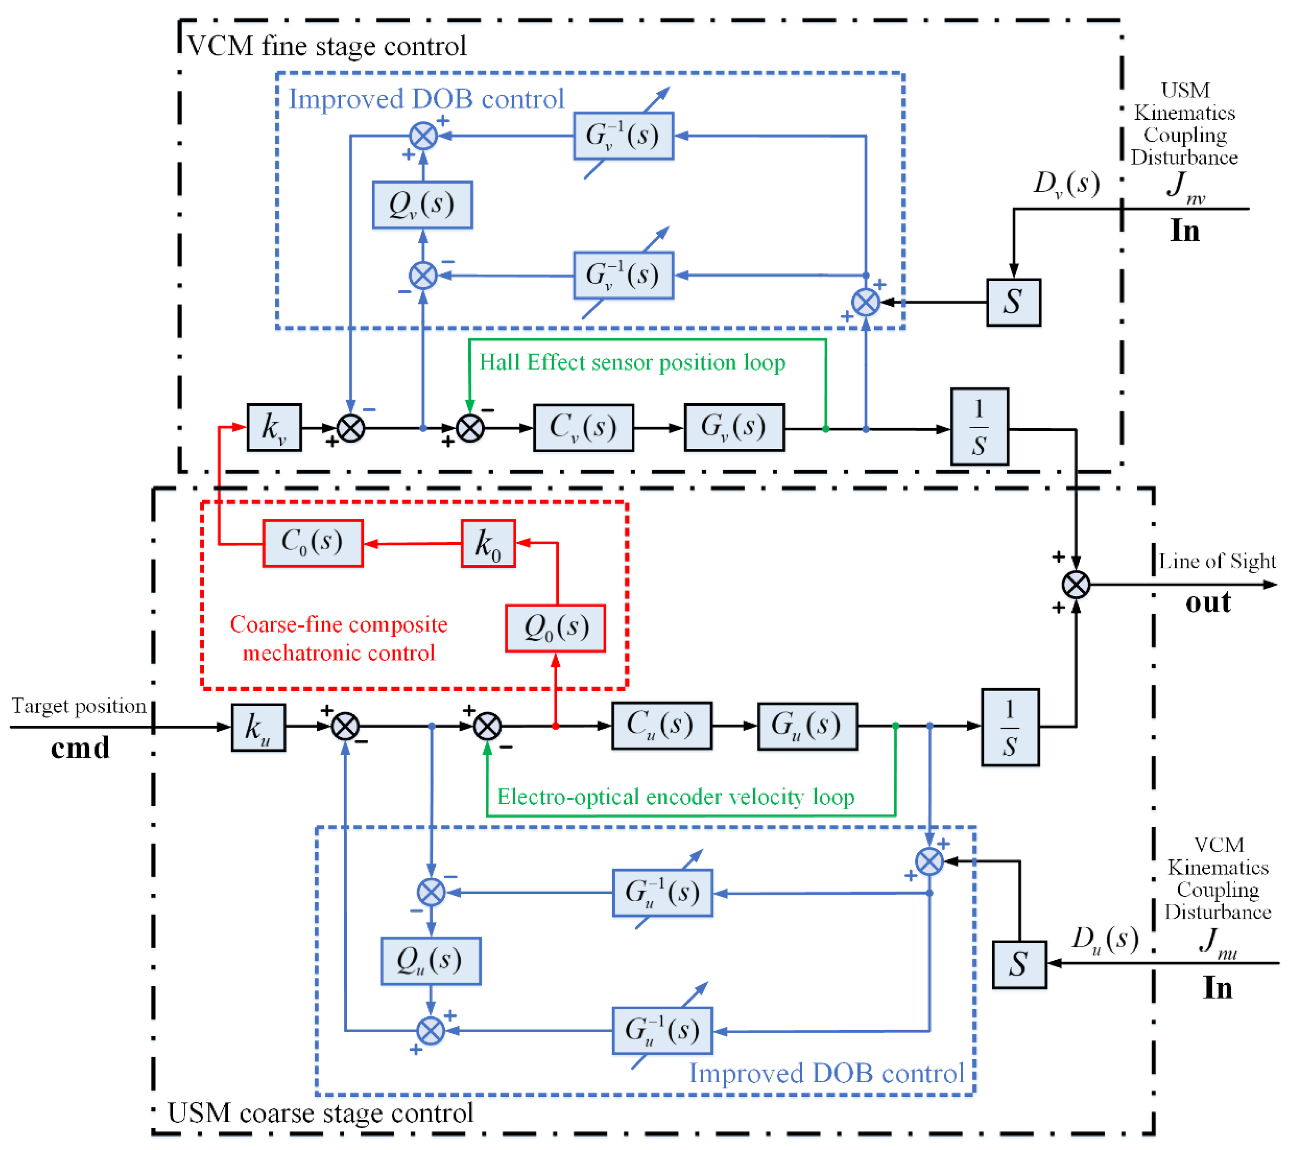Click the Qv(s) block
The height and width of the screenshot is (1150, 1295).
(422, 204)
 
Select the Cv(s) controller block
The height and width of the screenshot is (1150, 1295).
(583, 428)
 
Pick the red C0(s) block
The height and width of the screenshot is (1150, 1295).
(312, 543)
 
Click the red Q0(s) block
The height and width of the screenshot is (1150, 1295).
(555, 628)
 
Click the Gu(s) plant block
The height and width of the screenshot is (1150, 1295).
(807, 726)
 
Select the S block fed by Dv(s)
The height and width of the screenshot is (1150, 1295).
(1013, 302)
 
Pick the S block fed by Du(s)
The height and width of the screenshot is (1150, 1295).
(1019, 964)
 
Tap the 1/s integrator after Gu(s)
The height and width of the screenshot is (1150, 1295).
(1009, 727)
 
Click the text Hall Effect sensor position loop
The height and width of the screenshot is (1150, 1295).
(632, 362)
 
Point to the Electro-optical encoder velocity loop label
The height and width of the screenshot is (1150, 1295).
(675, 797)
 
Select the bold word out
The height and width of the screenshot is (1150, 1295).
(1208, 602)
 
